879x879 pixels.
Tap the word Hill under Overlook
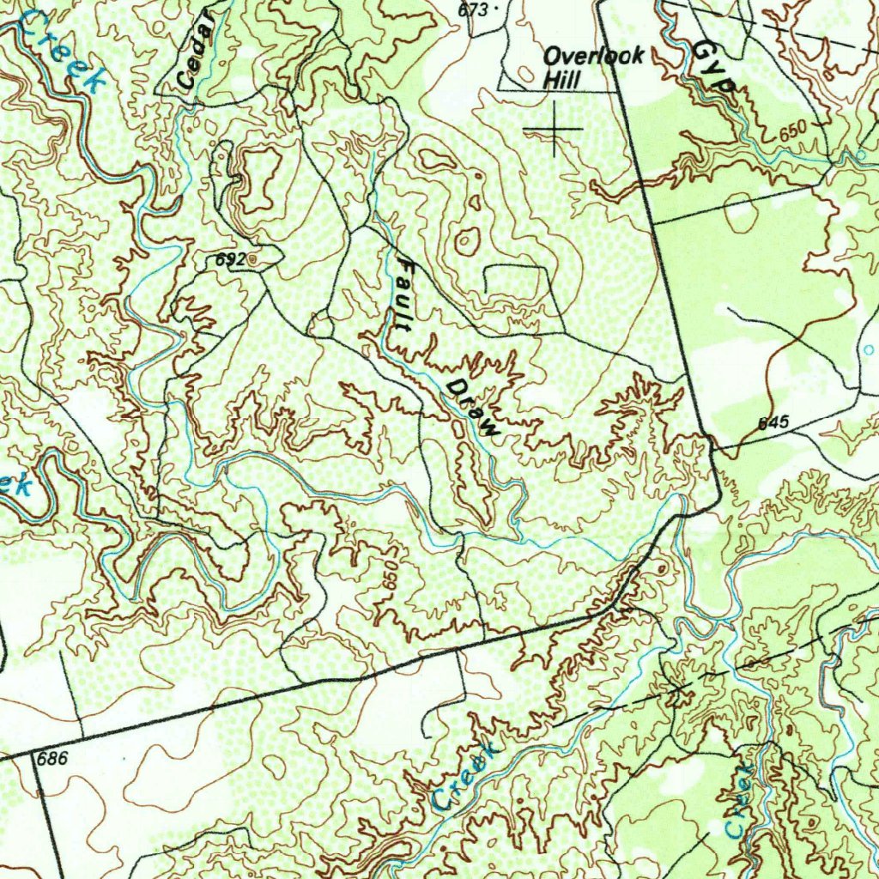562,80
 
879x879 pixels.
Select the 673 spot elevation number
473,9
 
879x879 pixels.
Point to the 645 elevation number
773,423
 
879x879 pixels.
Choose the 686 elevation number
52,759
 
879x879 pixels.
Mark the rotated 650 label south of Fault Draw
391,576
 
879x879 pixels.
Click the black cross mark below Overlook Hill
554,129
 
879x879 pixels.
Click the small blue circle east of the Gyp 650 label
860,155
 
